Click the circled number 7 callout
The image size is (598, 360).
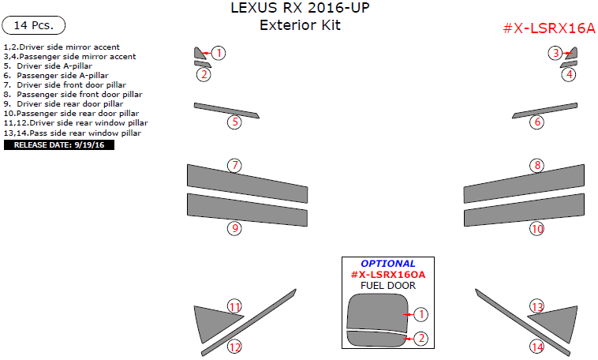pyautogui.click(x=234, y=165)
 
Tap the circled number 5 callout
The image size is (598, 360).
pyautogui.click(x=234, y=122)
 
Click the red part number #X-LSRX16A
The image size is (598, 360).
pyautogui.click(x=548, y=28)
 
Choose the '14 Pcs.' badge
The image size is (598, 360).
pyautogui.click(x=33, y=25)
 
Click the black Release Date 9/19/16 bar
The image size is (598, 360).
pyautogui.click(x=59, y=144)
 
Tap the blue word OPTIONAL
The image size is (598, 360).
pyautogui.click(x=387, y=264)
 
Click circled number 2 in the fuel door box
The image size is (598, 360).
pyautogui.click(x=421, y=338)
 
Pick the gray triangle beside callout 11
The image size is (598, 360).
pyautogui.click(x=211, y=321)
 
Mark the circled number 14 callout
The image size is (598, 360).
pyautogui.click(x=537, y=347)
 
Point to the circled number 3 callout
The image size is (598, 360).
pyautogui.click(x=555, y=53)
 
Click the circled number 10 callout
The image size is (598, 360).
pyautogui.click(x=537, y=229)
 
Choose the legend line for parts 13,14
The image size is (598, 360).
pyautogui.click(x=73, y=133)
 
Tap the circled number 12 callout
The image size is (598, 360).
pyautogui.click(x=234, y=347)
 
